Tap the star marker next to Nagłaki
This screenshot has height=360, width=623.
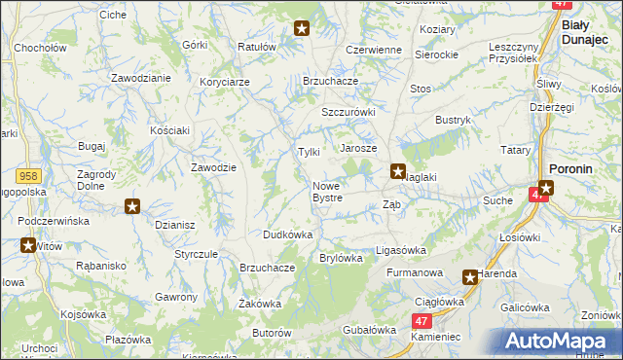398,172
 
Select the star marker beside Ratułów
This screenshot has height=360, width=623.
302,29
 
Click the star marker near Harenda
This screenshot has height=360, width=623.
470,277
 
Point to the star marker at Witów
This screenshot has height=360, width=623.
26,245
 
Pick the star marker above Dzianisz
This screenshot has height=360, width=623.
133,206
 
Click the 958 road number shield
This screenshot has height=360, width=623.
28,175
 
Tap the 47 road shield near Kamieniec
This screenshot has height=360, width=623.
421,320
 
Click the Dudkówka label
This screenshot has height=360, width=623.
287,234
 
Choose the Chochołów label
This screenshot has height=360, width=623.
40,47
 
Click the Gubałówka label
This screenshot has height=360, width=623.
366,330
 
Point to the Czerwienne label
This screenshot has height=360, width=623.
374,50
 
